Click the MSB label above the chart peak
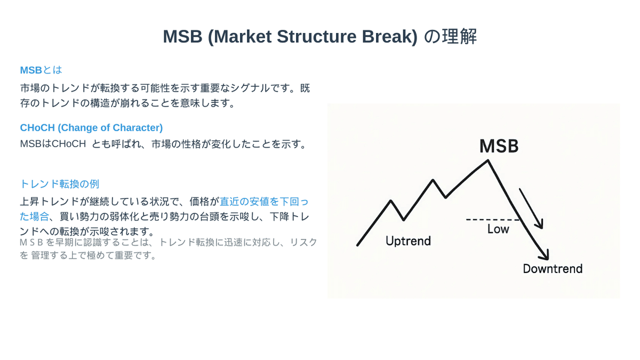(499, 146)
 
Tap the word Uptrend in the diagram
(408, 241)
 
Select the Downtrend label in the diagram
(552, 269)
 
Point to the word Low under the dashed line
(498, 229)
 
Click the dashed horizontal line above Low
(492, 219)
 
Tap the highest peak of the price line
(487, 160)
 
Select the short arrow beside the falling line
(531, 208)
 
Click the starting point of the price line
(358, 245)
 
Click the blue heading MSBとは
(41, 70)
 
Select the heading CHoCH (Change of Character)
(91, 128)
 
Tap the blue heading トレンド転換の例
(59, 184)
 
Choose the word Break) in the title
(390, 37)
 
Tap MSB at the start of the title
(182, 37)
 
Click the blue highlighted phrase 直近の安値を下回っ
(264, 202)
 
